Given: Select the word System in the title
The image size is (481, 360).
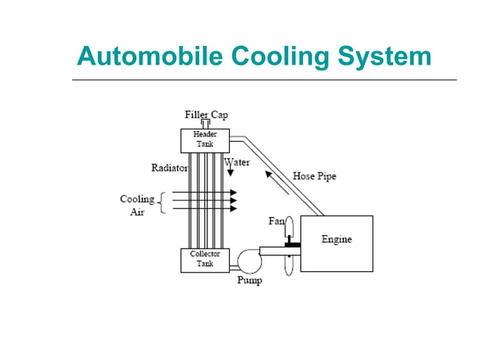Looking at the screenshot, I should (x=383, y=56).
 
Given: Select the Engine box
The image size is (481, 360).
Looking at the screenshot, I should (x=336, y=243).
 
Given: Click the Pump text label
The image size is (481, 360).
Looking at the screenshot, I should (x=250, y=281).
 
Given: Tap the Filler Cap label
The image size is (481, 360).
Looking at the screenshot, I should (x=206, y=114).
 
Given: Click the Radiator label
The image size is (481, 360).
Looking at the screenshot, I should (x=170, y=168).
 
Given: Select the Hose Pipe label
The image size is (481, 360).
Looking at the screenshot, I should (x=314, y=176).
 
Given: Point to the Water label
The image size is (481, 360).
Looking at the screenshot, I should (x=237, y=161).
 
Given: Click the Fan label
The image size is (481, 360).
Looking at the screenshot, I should (x=277, y=221).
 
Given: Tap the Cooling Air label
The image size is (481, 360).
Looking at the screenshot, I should (x=136, y=205).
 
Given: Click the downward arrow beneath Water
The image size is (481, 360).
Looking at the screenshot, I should (x=230, y=172).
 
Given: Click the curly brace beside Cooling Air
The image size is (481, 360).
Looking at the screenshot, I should (x=161, y=204).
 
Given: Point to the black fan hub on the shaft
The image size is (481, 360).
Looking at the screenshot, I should (x=291, y=245).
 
